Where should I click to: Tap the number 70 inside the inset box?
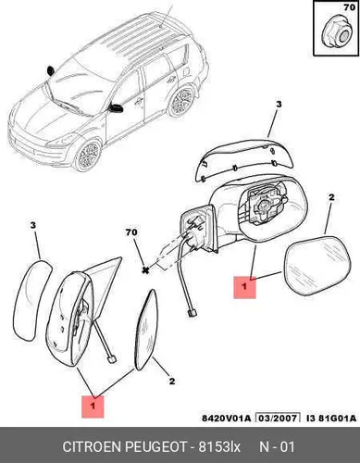tap(349, 7)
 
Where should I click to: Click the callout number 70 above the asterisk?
tap(131, 232)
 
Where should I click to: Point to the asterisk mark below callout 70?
tap(144, 270)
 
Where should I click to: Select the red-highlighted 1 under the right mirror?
tap(244, 287)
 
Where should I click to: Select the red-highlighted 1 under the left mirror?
tap(93, 407)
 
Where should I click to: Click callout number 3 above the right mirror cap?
tap(279, 105)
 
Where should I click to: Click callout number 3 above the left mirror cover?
tap(33, 226)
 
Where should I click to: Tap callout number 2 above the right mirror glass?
tap(331, 197)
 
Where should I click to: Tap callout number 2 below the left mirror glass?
tap(172, 381)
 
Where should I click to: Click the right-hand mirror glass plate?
tap(317, 266)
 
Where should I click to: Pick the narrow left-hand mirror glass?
tap(147, 330)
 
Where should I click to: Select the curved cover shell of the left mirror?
tap(33, 300)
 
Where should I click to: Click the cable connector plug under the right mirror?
tap(191, 314)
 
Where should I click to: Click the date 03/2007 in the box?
tap(279, 419)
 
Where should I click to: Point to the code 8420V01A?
tap(227, 419)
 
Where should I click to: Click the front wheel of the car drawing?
tap(88, 156)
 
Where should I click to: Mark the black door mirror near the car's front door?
tap(116, 107)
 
